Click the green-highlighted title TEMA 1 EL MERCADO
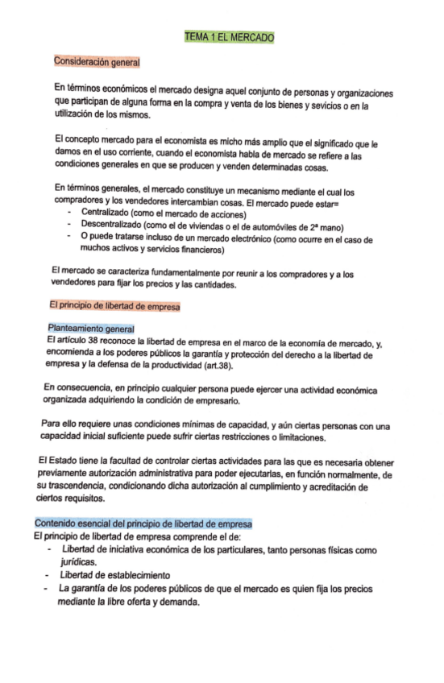[x=229, y=37]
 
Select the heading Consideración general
[x=98, y=61]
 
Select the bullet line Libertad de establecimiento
[x=114, y=576]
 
